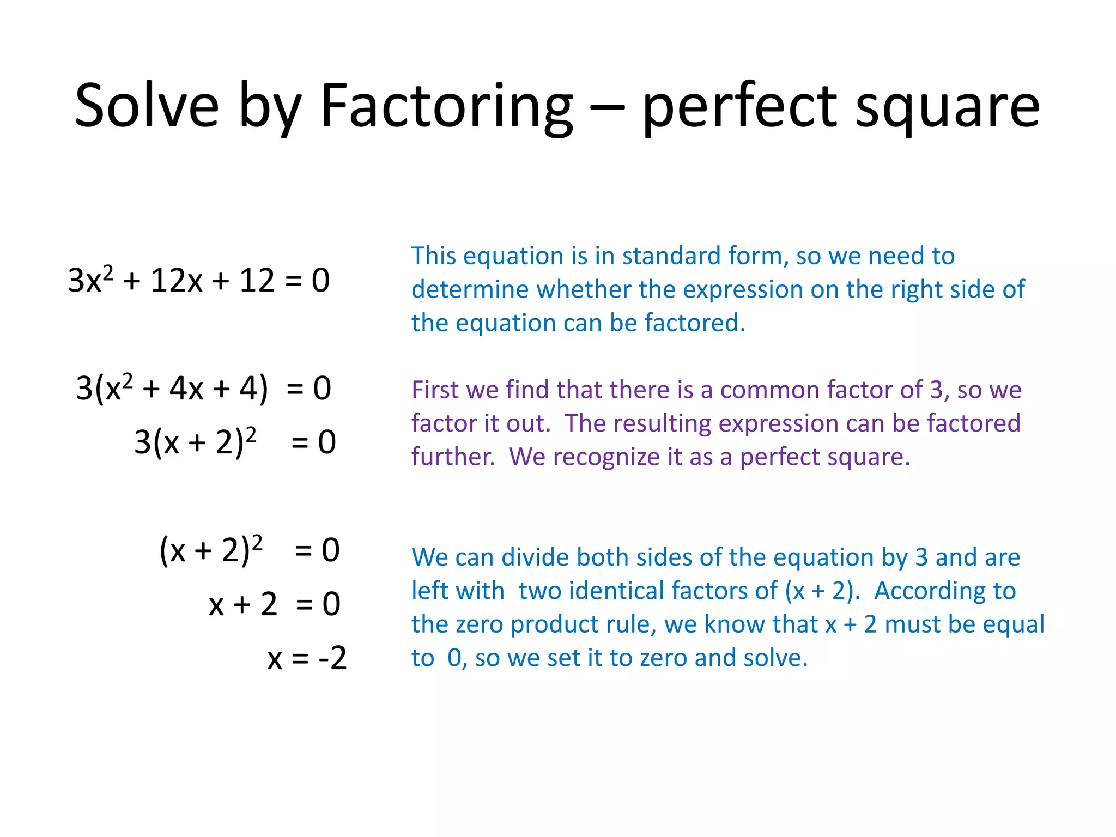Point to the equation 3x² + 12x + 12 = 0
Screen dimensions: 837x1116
(x=199, y=281)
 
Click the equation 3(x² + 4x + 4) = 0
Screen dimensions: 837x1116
(x=203, y=389)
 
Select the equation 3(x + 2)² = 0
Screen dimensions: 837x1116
(x=235, y=442)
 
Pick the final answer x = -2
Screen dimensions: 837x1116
(x=307, y=658)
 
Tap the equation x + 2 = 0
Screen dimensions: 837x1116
(x=275, y=604)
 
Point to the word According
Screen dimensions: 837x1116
(x=945, y=591)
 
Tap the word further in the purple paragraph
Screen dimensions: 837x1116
(x=453, y=457)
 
